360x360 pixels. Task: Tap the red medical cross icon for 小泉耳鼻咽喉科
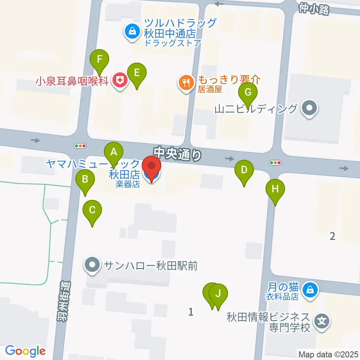(x=120, y=81)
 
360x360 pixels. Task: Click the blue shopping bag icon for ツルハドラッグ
(x=132, y=31)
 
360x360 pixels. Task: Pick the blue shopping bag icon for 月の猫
(x=310, y=289)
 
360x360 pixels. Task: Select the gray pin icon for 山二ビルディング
(x=309, y=109)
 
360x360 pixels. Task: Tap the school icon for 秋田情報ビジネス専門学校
(x=322, y=322)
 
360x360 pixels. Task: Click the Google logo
(x=25, y=351)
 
